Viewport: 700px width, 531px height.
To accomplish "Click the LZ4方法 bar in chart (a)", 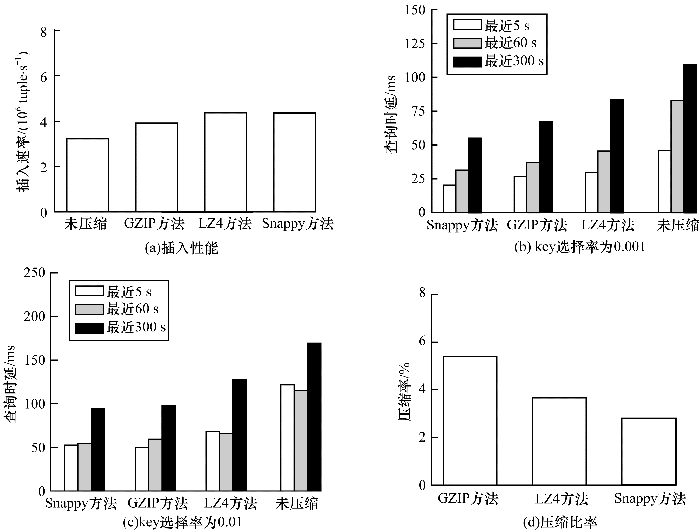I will click(225, 162).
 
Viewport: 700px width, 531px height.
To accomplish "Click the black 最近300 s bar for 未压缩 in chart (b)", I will click(690, 138).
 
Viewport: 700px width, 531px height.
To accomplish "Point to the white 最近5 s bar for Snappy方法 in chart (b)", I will click(449, 199).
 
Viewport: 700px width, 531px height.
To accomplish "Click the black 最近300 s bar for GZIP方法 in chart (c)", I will click(168, 448).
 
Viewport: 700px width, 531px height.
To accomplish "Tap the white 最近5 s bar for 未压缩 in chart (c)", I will click(287, 438).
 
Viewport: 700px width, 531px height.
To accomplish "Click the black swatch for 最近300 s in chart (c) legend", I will click(89, 328).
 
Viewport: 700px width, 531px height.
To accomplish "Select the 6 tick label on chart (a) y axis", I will click(43, 76).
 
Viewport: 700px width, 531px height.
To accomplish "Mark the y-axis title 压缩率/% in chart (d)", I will click(404, 392).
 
